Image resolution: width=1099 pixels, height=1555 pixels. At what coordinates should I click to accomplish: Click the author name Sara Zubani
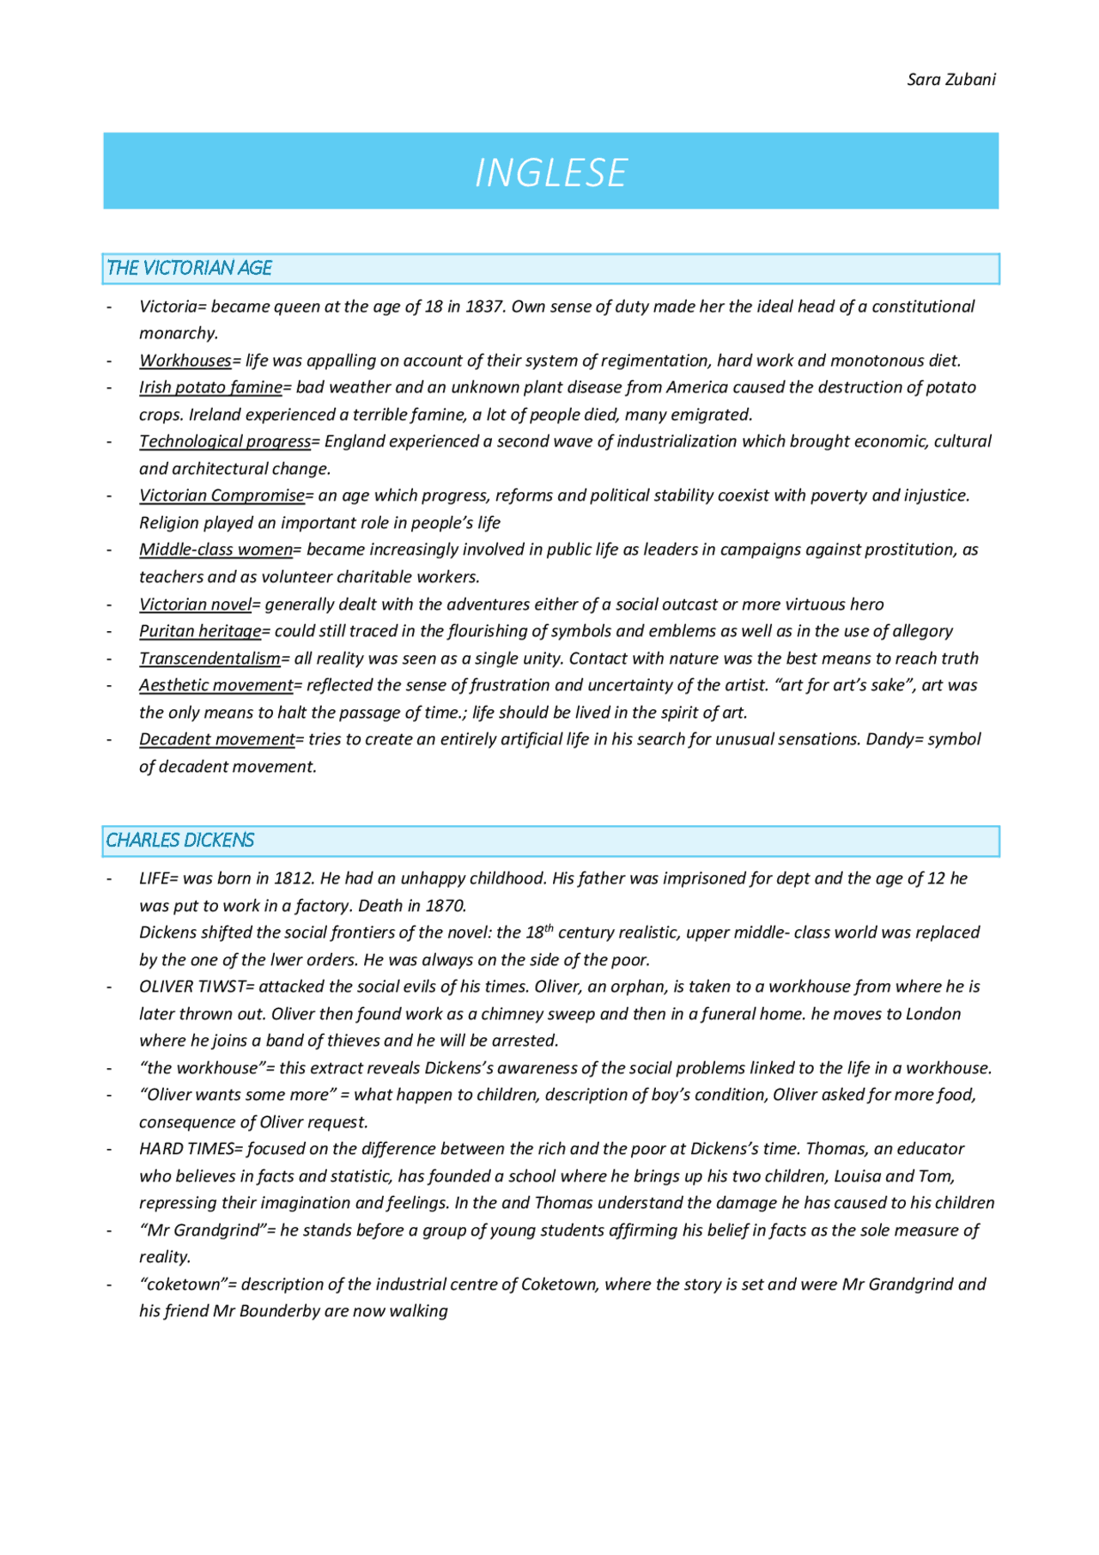(950, 80)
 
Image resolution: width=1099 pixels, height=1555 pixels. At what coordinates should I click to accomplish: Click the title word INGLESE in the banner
(550, 173)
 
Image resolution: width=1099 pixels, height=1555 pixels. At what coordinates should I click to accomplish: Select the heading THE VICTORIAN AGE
(189, 268)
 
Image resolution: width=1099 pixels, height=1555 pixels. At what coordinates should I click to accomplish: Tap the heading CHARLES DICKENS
(179, 840)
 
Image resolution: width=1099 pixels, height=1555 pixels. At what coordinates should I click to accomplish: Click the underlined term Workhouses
(185, 361)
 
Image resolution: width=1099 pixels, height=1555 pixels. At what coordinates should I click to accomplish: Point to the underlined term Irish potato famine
(210, 387)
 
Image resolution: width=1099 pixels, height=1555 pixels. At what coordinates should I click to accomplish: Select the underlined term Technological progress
(225, 441)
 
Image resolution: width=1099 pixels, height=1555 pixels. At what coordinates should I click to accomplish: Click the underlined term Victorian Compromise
(222, 495)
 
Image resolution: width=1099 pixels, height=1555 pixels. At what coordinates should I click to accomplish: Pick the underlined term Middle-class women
(216, 550)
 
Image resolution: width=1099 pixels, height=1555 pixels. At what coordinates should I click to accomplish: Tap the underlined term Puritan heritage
(200, 631)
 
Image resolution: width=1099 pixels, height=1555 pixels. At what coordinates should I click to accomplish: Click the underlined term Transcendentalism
(209, 659)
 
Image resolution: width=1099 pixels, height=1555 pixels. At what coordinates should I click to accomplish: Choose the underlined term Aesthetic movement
(216, 685)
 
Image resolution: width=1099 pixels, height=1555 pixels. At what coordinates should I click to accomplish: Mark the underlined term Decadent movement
(216, 739)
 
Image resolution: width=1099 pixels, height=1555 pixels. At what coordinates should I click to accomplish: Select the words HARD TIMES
(186, 1149)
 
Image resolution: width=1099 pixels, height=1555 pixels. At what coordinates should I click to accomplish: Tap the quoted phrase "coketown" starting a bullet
(183, 1285)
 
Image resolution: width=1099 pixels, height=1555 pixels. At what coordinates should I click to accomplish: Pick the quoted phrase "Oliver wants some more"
(238, 1095)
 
